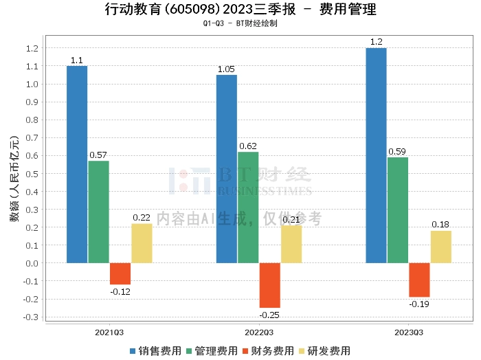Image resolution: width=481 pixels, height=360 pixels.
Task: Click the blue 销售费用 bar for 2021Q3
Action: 77,164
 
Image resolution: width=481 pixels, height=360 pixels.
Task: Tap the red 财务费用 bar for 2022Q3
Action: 269,285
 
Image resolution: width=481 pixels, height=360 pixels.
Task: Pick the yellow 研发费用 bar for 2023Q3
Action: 441,247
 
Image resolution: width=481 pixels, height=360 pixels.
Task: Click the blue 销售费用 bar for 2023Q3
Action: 376,155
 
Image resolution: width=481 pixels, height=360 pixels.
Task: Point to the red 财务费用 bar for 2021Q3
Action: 120,273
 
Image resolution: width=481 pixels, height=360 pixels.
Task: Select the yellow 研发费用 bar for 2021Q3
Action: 142,243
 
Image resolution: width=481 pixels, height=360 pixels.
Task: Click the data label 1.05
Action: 227,69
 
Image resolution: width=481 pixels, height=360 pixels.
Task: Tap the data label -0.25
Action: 269,315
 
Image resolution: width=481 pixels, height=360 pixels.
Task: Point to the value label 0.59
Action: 397,152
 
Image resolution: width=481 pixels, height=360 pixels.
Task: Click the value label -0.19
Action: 419,304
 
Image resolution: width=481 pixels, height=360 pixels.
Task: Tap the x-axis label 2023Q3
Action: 408,333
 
